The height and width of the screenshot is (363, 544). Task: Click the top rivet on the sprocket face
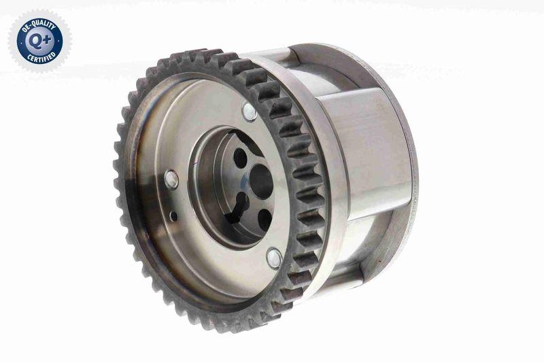coord(249,112)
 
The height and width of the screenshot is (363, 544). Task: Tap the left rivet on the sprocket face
coord(171,179)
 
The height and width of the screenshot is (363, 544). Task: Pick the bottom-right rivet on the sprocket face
coord(274,258)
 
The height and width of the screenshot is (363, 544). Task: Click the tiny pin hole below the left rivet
coord(174,216)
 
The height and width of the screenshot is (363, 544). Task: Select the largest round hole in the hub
coord(260,181)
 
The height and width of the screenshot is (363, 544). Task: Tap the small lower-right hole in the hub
coord(265,220)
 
